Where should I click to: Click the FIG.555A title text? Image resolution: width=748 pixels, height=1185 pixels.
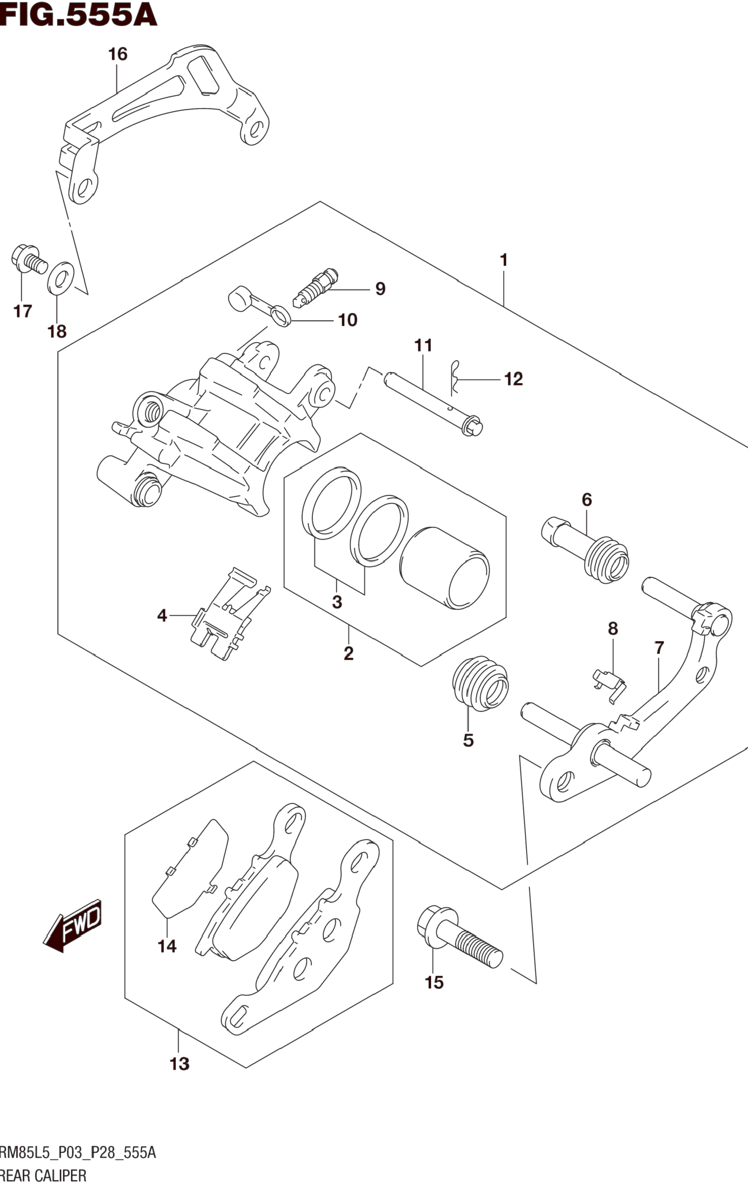point(79,15)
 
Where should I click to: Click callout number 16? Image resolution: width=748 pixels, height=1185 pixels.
point(118,54)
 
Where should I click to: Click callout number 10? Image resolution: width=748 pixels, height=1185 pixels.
point(348,320)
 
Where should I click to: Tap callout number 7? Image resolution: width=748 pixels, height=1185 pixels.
point(659,647)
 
